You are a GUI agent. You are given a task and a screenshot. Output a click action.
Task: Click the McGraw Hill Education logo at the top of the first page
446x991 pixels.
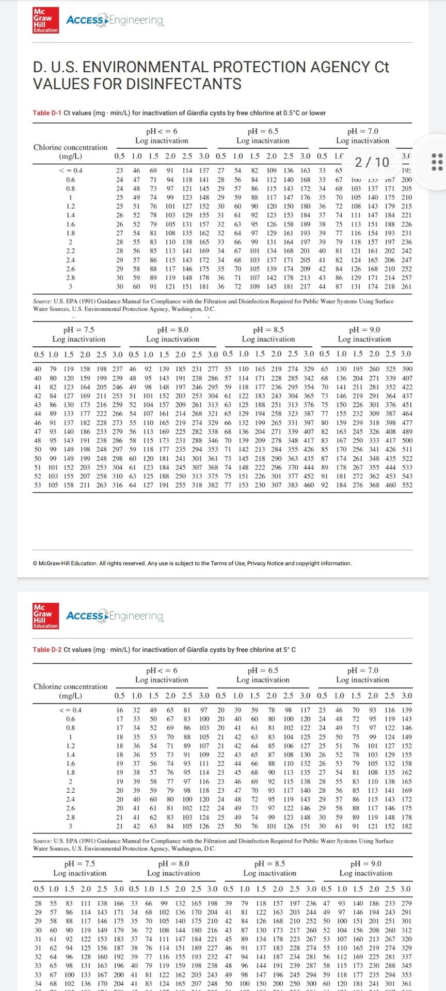pos(45,20)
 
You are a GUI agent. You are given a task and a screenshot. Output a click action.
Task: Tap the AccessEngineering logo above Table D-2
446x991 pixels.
pos(115,616)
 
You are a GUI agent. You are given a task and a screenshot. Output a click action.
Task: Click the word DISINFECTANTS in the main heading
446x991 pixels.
pos(137,84)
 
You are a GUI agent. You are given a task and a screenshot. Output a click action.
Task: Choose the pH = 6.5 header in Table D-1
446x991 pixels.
pos(263,131)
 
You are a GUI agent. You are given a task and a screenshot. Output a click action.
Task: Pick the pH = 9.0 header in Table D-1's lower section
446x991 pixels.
pos(364,330)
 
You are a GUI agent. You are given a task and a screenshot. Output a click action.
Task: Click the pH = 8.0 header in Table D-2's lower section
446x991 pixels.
pos(173,864)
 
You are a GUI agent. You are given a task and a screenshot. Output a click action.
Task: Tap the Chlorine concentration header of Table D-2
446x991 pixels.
pos(71,686)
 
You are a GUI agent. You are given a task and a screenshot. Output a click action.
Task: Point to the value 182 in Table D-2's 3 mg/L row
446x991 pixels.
pos(407,826)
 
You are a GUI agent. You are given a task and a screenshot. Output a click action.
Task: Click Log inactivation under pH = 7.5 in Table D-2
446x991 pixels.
pos(79,873)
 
